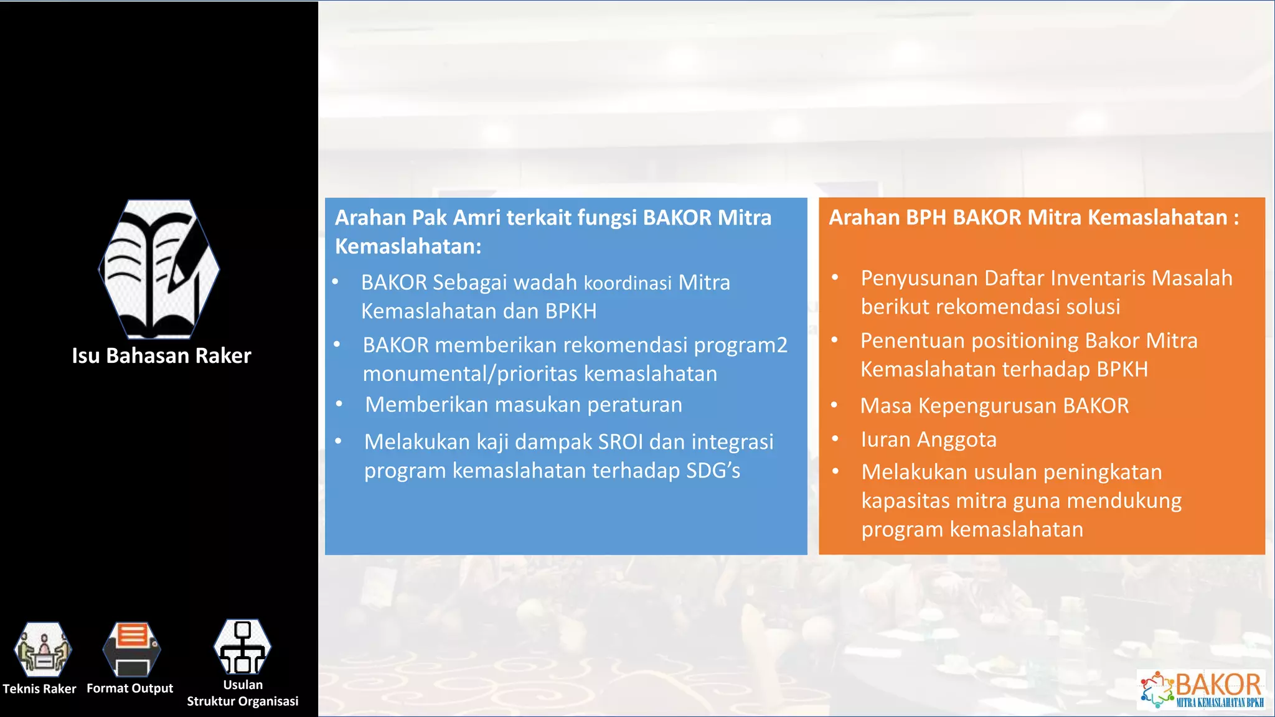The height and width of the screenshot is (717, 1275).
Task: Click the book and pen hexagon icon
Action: tap(159, 269)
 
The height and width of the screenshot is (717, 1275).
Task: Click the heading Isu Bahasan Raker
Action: tap(161, 355)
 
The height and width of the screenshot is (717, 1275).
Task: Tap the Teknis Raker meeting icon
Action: tap(42, 649)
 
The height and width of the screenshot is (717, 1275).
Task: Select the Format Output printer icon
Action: tap(131, 649)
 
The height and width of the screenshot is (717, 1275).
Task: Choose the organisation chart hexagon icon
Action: tap(242, 647)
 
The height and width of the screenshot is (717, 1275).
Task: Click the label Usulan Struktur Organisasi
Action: tap(242, 693)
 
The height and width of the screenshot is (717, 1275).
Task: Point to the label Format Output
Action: tap(129, 688)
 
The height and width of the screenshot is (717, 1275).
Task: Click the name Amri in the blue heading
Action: tap(476, 218)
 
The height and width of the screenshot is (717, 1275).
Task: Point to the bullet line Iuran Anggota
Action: tap(928, 439)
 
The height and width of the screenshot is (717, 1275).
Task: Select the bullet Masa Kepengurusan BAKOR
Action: tap(994, 406)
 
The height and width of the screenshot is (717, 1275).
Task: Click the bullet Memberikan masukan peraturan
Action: tap(523, 405)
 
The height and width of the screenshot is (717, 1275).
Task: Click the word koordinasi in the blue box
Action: tap(628, 283)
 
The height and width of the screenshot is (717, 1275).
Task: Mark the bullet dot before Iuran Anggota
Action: tap(835, 439)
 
